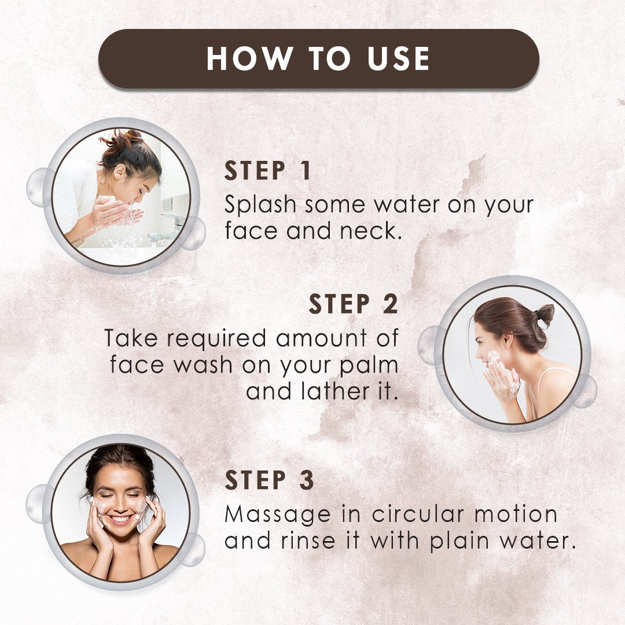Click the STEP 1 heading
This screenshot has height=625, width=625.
point(267,171)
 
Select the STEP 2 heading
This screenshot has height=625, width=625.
point(354,304)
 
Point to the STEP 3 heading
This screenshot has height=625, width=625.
point(270,480)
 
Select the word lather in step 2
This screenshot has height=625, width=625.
point(336,391)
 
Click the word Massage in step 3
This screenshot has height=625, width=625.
point(277,515)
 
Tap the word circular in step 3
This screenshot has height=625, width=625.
point(418,514)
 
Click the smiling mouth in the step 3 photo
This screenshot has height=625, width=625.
point(120,519)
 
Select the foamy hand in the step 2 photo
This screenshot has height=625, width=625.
point(502,381)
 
